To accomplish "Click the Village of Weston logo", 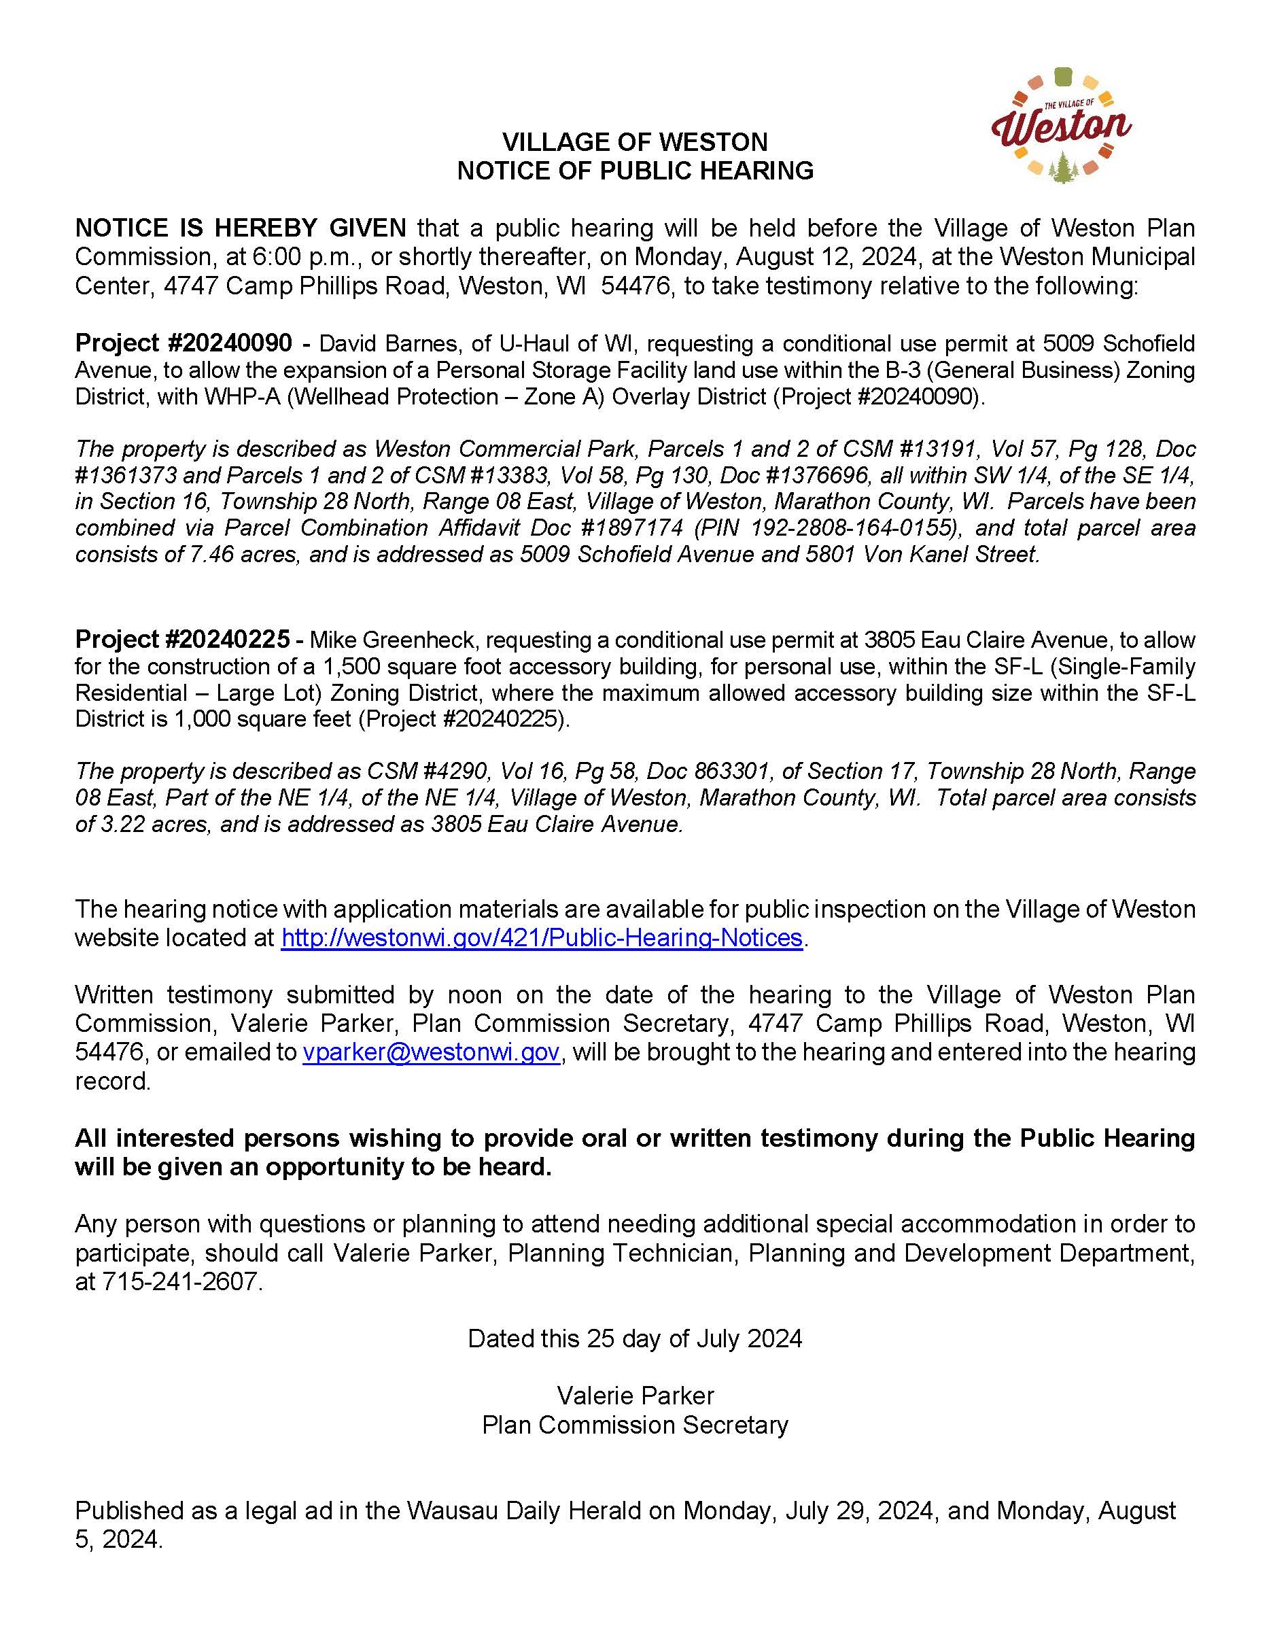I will (x=1061, y=126).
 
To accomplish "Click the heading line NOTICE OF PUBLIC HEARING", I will (x=635, y=171).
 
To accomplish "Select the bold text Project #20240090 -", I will (x=192, y=343).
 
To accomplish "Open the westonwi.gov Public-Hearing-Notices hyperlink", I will (x=542, y=938).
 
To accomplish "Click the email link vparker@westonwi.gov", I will (x=431, y=1052).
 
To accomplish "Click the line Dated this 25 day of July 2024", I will (x=635, y=1338).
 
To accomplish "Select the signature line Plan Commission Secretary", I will (x=635, y=1425).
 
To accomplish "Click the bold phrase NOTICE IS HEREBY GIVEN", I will (x=240, y=228).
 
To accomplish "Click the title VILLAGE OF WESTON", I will (x=635, y=142).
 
